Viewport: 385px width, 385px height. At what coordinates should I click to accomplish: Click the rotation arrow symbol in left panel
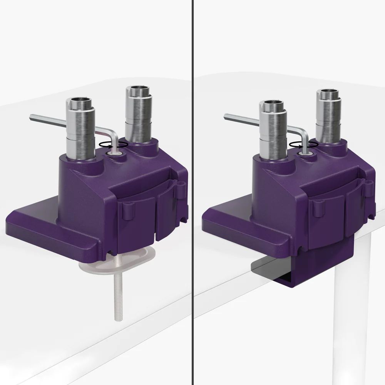coord(113,144)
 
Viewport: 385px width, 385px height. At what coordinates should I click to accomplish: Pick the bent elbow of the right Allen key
coord(303,133)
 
